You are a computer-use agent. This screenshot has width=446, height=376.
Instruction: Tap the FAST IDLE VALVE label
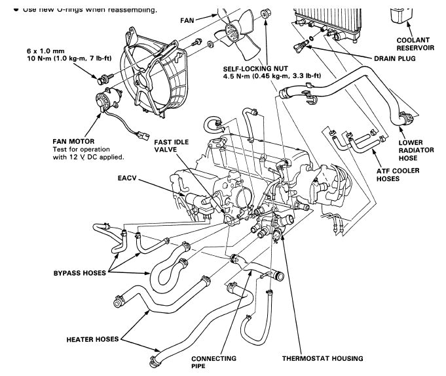coord(172,146)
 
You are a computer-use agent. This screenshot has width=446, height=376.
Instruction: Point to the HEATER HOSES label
coord(92,339)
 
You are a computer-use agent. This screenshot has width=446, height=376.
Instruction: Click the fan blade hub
coord(232,29)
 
